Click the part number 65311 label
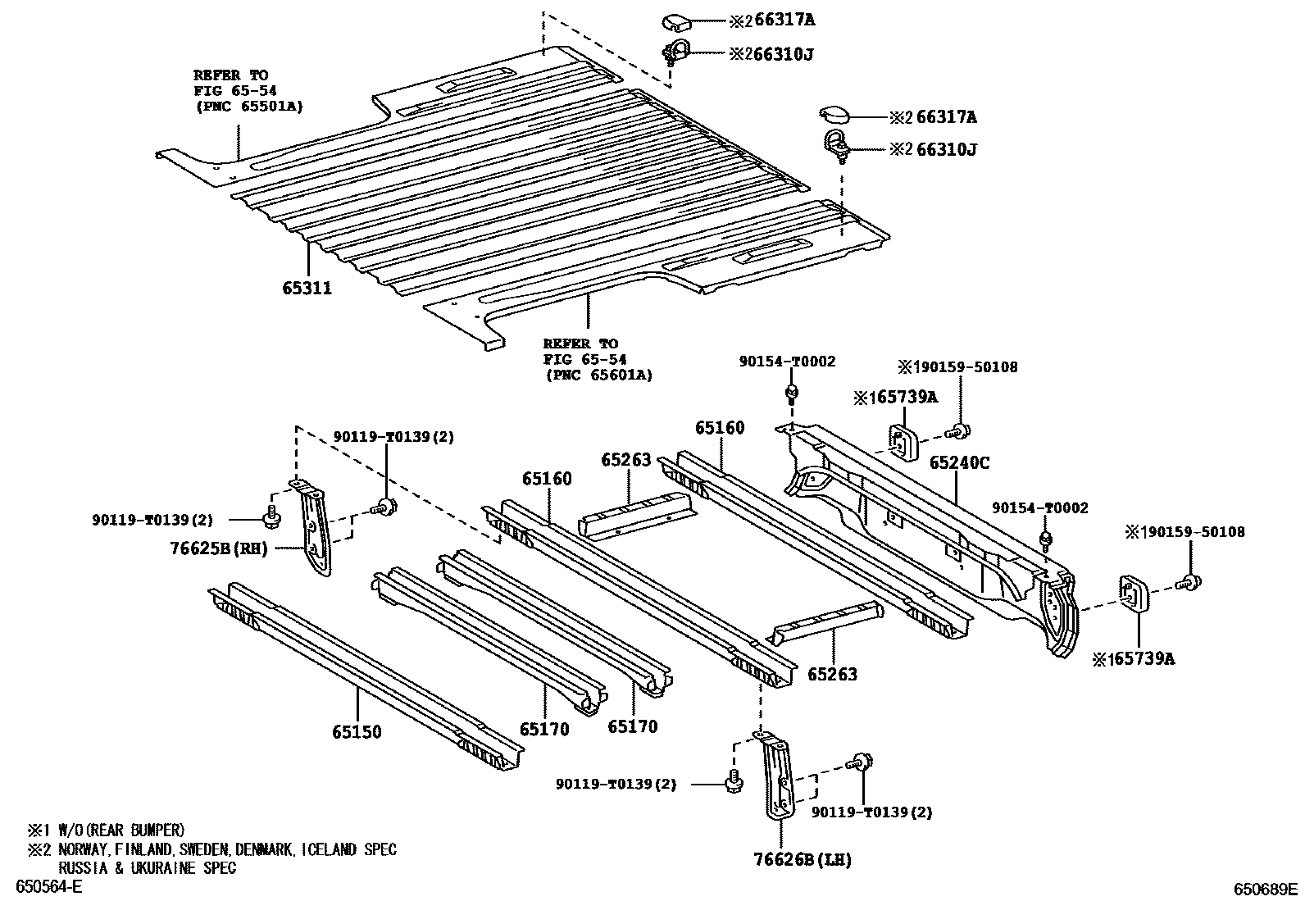(307, 288)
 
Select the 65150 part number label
(357, 731)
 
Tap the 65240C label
(958, 463)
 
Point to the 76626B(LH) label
(803, 859)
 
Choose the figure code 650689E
(1267, 889)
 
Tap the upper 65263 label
(625, 460)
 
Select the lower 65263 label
(832, 674)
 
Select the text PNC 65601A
(598, 375)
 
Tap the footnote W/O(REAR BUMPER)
(119, 830)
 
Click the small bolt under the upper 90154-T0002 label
(791, 394)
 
